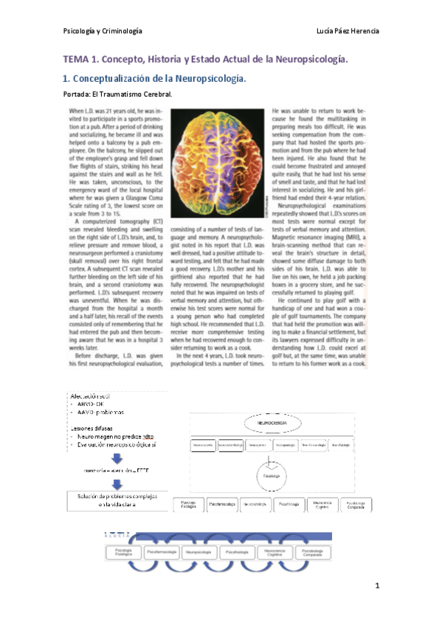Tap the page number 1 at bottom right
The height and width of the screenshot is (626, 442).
click(x=376, y=585)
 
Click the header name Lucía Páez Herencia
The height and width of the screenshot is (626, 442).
click(x=346, y=30)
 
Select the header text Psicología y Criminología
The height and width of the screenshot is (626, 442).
click(x=103, y=30)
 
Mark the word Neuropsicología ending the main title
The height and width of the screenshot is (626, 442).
click(x=308, y=58)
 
